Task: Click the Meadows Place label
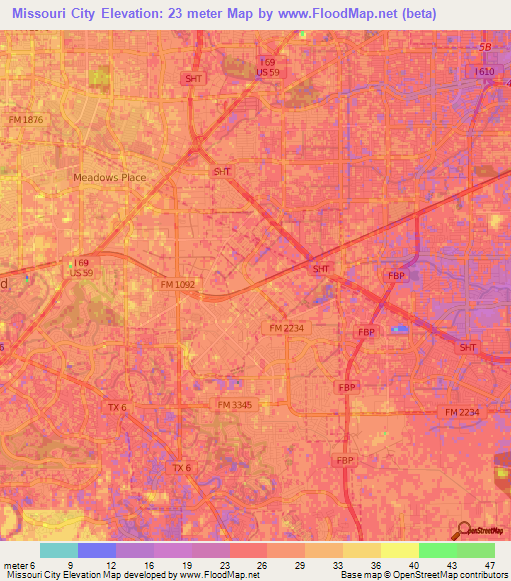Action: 110,177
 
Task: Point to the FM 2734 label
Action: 286,327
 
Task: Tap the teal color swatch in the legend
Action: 59,550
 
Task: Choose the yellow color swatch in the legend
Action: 399,550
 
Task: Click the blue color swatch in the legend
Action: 97,550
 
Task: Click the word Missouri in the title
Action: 40,15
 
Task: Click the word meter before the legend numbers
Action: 14,564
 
